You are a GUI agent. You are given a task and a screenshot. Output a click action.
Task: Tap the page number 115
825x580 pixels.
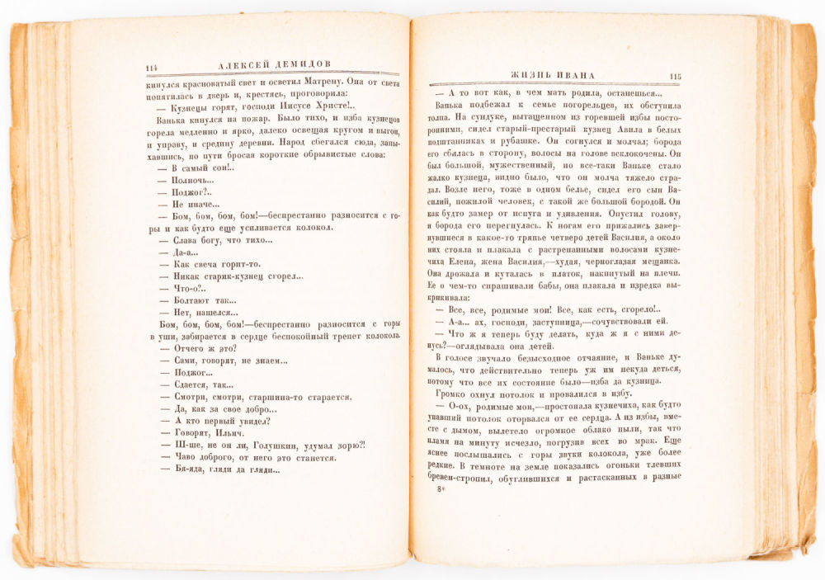coord(675,77)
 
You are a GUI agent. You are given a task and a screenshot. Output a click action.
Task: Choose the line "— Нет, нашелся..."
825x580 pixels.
coord(198,313)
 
